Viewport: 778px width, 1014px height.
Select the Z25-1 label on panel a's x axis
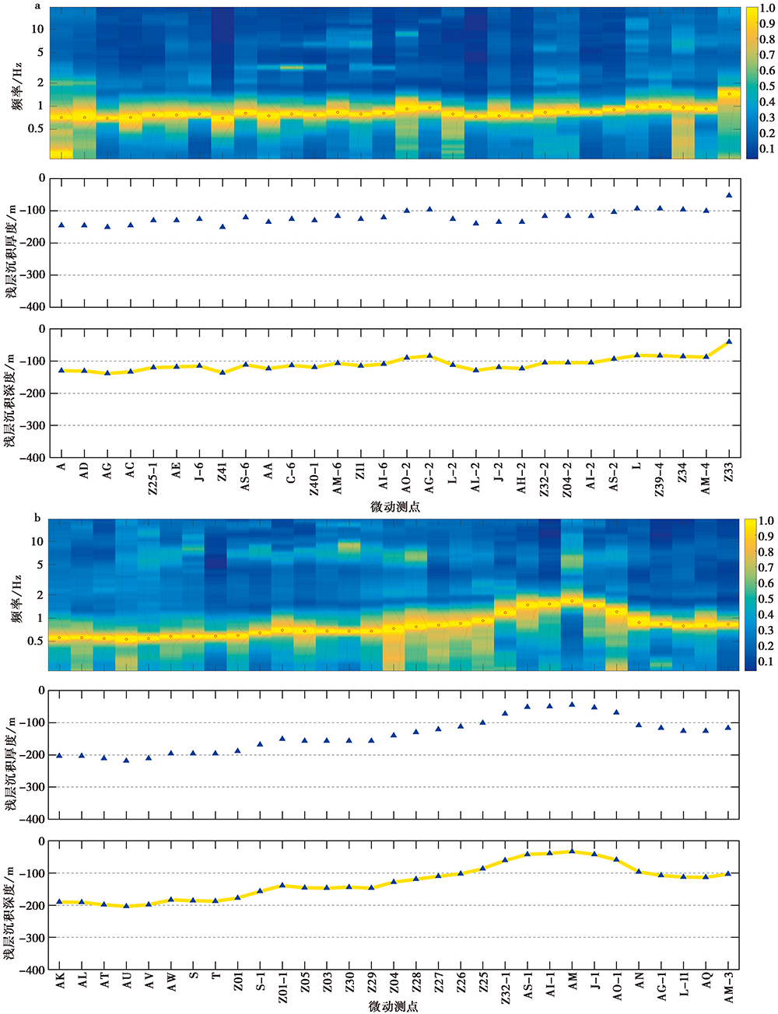[153, 475]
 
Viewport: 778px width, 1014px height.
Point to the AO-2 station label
[406, 474]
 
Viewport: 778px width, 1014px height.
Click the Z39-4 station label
[660, 475]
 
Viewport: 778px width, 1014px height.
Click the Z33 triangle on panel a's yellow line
[729, 341]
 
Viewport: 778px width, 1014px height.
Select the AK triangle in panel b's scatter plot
[59, 755]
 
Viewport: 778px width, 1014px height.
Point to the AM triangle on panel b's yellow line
[572, 851]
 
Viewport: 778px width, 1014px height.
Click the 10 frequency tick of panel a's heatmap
[37, 29]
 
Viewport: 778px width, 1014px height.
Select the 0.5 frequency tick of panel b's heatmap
[36, 642]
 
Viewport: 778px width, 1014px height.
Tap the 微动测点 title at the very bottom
[394, 1007]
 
